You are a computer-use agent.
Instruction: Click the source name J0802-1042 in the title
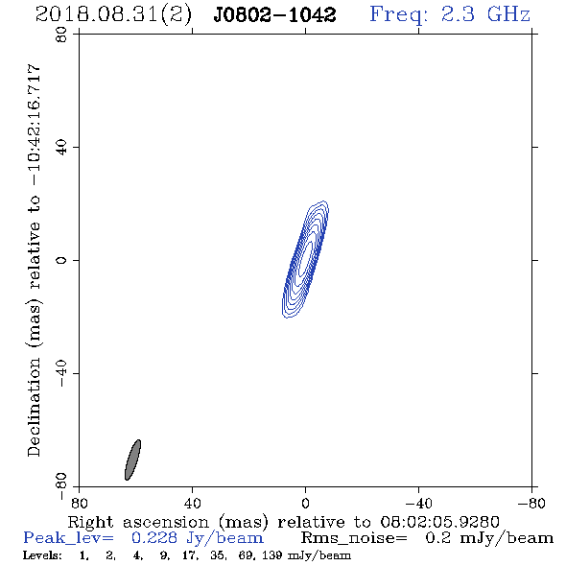[274, 14]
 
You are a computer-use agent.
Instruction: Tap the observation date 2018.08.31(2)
[113, 15]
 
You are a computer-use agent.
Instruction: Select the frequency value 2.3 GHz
[485, 14]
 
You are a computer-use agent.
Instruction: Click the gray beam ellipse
[132, 460]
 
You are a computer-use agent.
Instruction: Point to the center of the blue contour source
[305, 259]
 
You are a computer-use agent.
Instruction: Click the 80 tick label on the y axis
[61, 35]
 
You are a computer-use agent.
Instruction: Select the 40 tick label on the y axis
[61, 148]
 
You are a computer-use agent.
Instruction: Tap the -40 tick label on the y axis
[61, 373]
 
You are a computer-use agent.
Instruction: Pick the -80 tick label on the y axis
[61, 486]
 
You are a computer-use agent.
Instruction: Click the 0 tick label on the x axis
[305, 503]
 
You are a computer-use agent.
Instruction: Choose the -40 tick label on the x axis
[418, 503]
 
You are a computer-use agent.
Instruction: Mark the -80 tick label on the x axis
[531, 503]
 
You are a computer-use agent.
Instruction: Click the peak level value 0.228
[154, 538]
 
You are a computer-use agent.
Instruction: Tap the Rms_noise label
[354, 538]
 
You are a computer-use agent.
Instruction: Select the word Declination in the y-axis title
[34, 407]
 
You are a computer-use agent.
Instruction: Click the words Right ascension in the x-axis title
[138, 522]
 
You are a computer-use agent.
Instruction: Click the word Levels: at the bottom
[42, 555]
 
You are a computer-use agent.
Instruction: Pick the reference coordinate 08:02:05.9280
[439, 522]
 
